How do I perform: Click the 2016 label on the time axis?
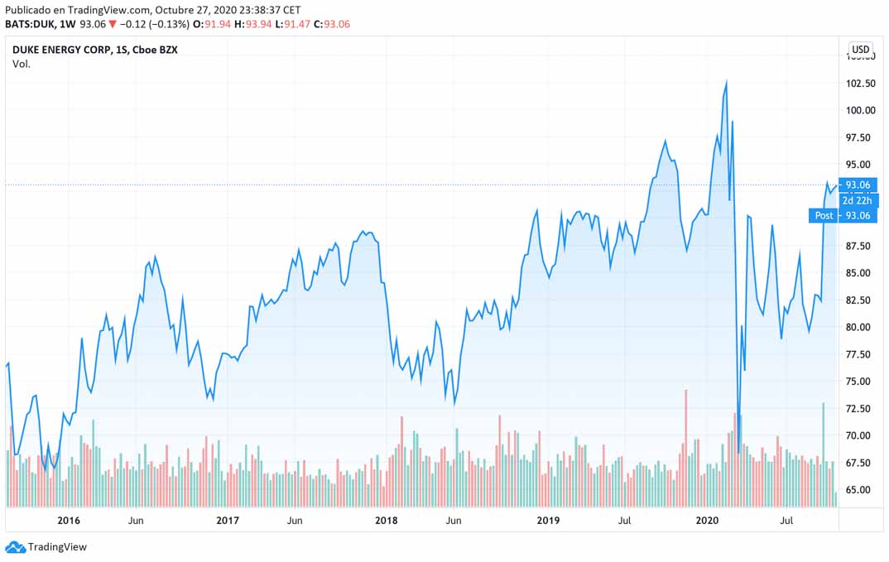(x=69, y=521)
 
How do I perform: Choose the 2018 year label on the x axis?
(x=387, y=521)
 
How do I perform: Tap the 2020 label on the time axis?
(x=707, y=521)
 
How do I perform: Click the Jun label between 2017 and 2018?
(x=295, y=521)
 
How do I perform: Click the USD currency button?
(x=861, y=49)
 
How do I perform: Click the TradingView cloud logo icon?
(x=15, y=547)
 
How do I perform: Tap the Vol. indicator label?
(x=22, y=64)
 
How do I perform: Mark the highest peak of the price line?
(x=726, y=81)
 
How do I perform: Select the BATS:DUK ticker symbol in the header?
(x=30, y=24)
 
